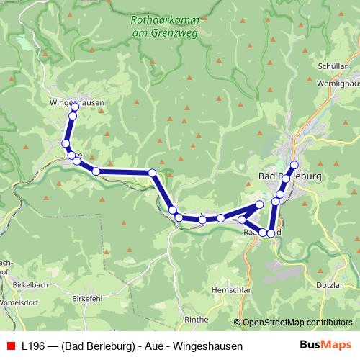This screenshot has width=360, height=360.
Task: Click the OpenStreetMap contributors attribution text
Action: [297, 322]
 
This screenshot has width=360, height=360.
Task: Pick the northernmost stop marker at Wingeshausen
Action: [74, 107]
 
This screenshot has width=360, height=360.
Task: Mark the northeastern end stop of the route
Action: [294, 165]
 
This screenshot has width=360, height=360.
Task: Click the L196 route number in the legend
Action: [34, 346]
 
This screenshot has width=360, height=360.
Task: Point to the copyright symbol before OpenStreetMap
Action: [238, 322]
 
